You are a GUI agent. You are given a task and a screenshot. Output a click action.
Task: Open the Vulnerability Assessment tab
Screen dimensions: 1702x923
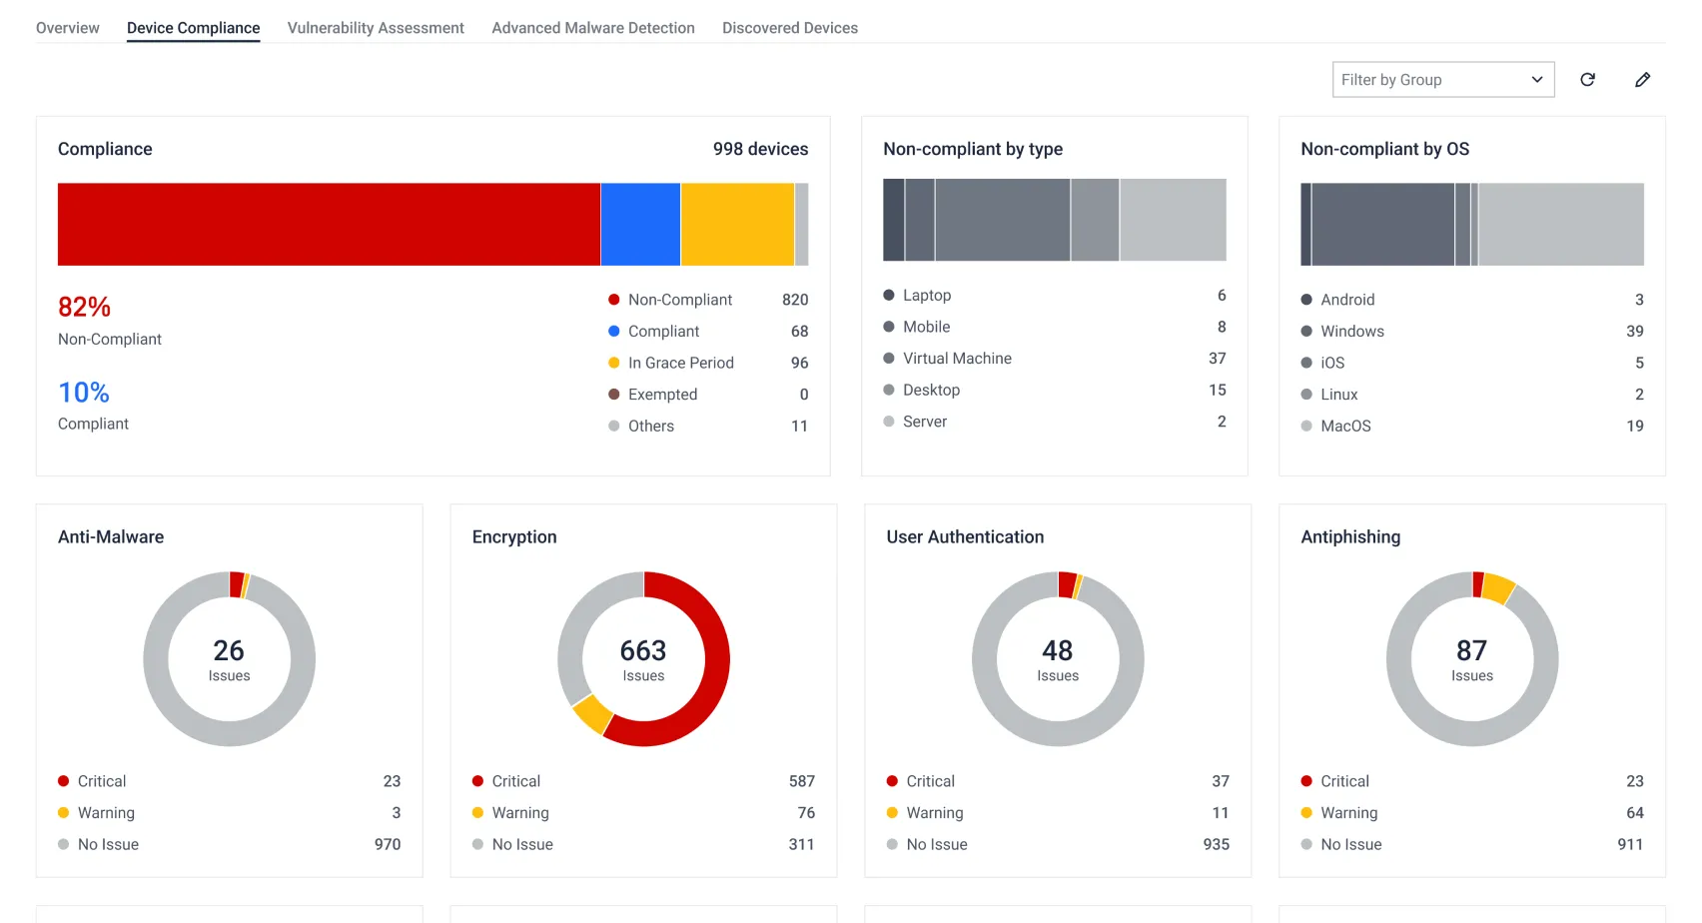coord(376,28)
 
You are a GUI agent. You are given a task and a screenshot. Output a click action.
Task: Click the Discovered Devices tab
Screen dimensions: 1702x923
coord(789,28)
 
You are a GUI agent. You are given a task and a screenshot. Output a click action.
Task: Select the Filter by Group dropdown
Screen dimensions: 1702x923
coord(1443,80)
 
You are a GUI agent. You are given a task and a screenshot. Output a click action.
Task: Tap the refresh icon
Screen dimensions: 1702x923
coord(1587,80)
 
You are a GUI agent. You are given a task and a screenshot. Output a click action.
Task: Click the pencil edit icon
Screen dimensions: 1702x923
coord(1643,80)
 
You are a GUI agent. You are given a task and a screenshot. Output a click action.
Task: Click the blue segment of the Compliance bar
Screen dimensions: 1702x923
coord(640,224)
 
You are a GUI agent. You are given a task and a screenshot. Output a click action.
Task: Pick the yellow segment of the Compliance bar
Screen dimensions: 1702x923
coord(737,224)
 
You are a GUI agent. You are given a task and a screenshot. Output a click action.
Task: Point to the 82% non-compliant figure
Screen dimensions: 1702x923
coord(84,307)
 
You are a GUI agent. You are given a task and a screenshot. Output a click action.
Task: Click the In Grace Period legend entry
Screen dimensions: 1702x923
coord(681,364)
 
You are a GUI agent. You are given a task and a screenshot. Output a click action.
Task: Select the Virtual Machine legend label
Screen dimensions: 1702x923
coord(957,359)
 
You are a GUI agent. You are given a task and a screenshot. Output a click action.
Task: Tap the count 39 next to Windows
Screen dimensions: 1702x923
coord(1634,332)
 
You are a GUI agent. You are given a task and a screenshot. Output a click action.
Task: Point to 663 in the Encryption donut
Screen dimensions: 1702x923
coord(643,650)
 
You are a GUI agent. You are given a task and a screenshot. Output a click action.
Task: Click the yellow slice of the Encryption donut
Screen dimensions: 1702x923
coord(592,714)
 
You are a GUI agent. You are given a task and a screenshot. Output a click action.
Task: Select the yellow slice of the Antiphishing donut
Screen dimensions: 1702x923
coord(1498,588)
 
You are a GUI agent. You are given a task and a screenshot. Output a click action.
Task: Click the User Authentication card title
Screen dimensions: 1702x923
coord(965,537)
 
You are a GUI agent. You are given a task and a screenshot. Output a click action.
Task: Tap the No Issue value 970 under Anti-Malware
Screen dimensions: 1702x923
coord(388,845)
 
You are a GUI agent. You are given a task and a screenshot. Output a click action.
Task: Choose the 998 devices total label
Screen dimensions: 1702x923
coord(760,149)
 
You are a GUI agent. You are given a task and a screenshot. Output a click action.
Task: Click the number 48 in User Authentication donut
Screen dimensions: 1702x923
coord(1057,650)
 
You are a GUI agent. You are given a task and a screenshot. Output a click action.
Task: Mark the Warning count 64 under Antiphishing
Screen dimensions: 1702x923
coord(1634,813)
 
